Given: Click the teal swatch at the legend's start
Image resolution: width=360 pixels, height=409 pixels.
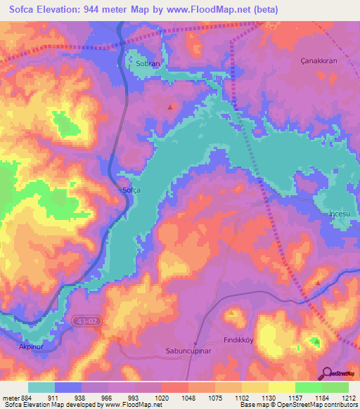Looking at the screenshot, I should [x=41, y=387].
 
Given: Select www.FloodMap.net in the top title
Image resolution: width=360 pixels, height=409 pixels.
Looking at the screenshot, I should [x=210, y=10].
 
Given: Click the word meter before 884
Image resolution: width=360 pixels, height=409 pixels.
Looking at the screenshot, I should [x=11, y=397].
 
